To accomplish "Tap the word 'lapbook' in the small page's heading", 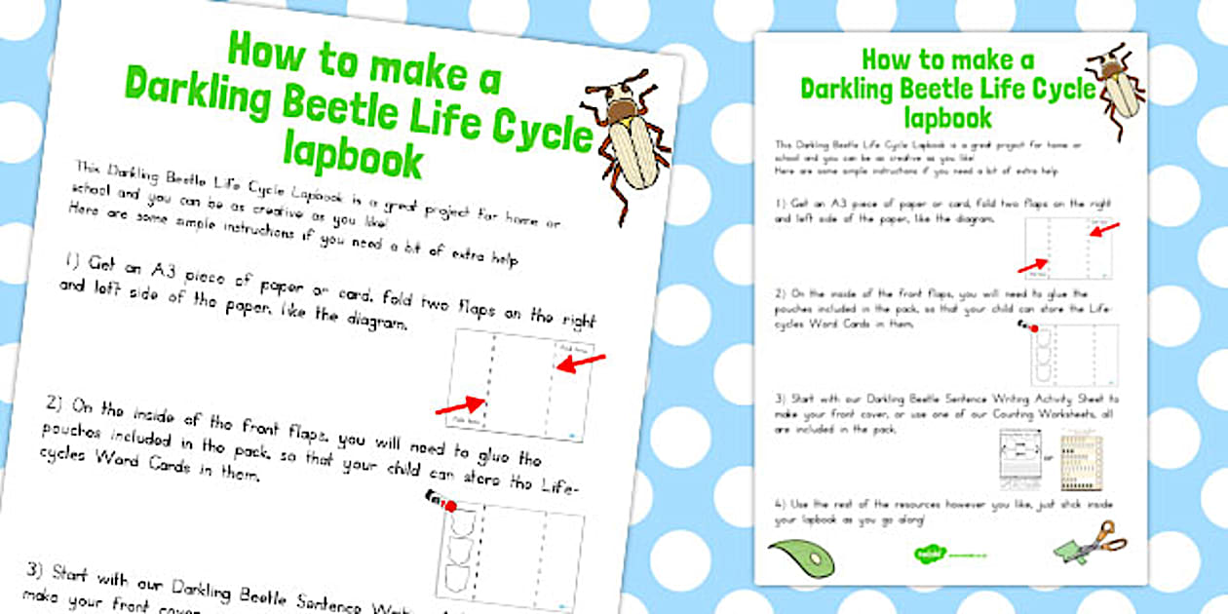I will click(947, 117).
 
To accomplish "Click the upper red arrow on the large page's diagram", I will click(581, 364).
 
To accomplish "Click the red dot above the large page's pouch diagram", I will click(449, 505).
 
